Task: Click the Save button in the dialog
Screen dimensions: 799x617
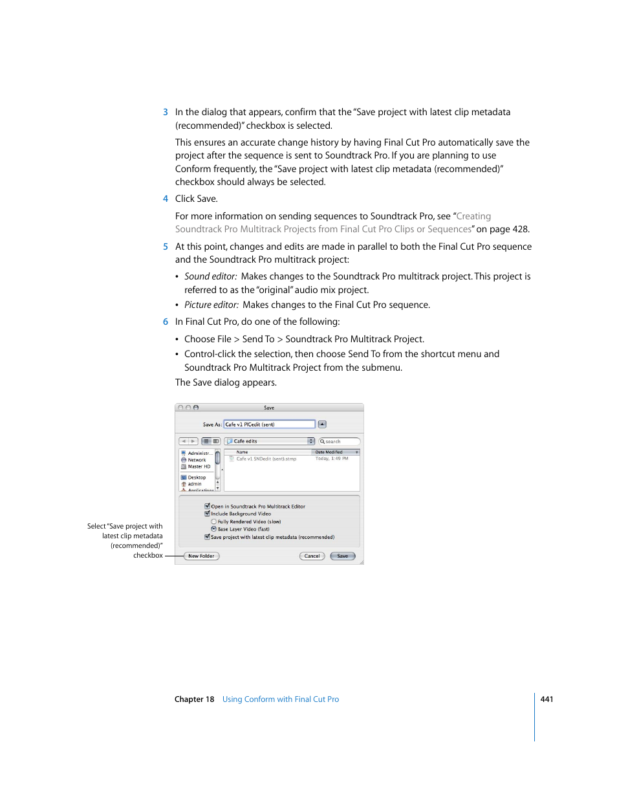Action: click(x=342, y=556)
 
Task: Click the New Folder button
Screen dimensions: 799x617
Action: click(x=201, y=556)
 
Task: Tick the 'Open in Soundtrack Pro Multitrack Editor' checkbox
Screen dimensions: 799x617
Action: click(x=207, y=507)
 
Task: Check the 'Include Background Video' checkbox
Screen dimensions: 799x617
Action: click(x=207, y=514)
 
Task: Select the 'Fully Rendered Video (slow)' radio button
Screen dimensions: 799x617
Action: click(x=214, y=521)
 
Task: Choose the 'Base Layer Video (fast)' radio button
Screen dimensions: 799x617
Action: click(x=214, y=529)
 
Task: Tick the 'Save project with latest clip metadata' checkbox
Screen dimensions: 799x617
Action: click(x=207, y=537)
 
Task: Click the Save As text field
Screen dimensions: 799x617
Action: click(x=269, y=424)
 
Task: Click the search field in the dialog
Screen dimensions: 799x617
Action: click(x=340, y=441)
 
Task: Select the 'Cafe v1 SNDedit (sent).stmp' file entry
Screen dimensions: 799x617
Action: click(x=266, y=459)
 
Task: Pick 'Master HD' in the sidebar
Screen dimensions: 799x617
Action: click(x=199, y=466)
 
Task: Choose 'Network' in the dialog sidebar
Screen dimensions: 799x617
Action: click(x=197, y=460)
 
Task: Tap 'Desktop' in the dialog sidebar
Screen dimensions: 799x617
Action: click(x=197, y=477)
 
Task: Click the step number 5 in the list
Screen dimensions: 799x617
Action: click(x=166, y=246)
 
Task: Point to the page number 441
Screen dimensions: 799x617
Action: click(x=547, y=699)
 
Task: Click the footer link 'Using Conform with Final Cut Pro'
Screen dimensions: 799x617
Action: click(x=281, y=699)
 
